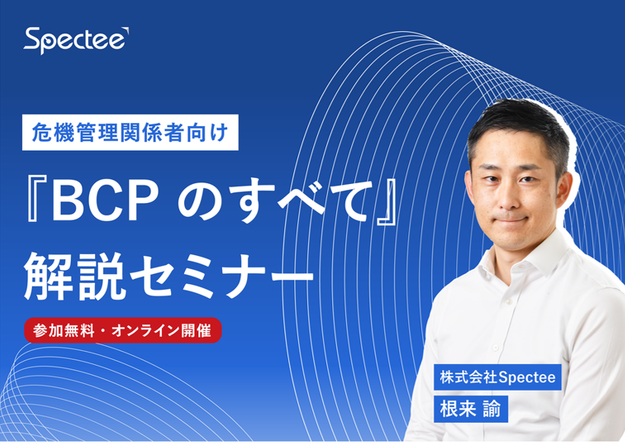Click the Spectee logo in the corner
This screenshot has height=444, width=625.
click(76, 40)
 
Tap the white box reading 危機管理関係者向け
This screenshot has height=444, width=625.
click(130, 132)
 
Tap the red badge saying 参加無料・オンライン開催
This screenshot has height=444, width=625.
click(122, 331)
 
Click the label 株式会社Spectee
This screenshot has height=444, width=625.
click(497, 377)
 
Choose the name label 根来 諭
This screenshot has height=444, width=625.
click(471, 409)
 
